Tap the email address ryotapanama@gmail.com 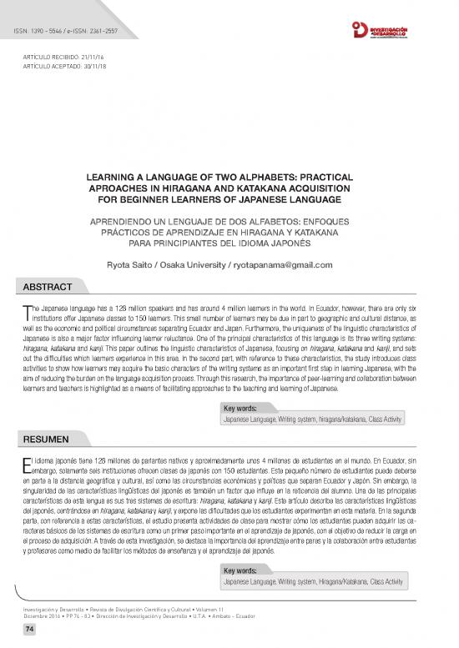pyautogui.click(x=288, y=264)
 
